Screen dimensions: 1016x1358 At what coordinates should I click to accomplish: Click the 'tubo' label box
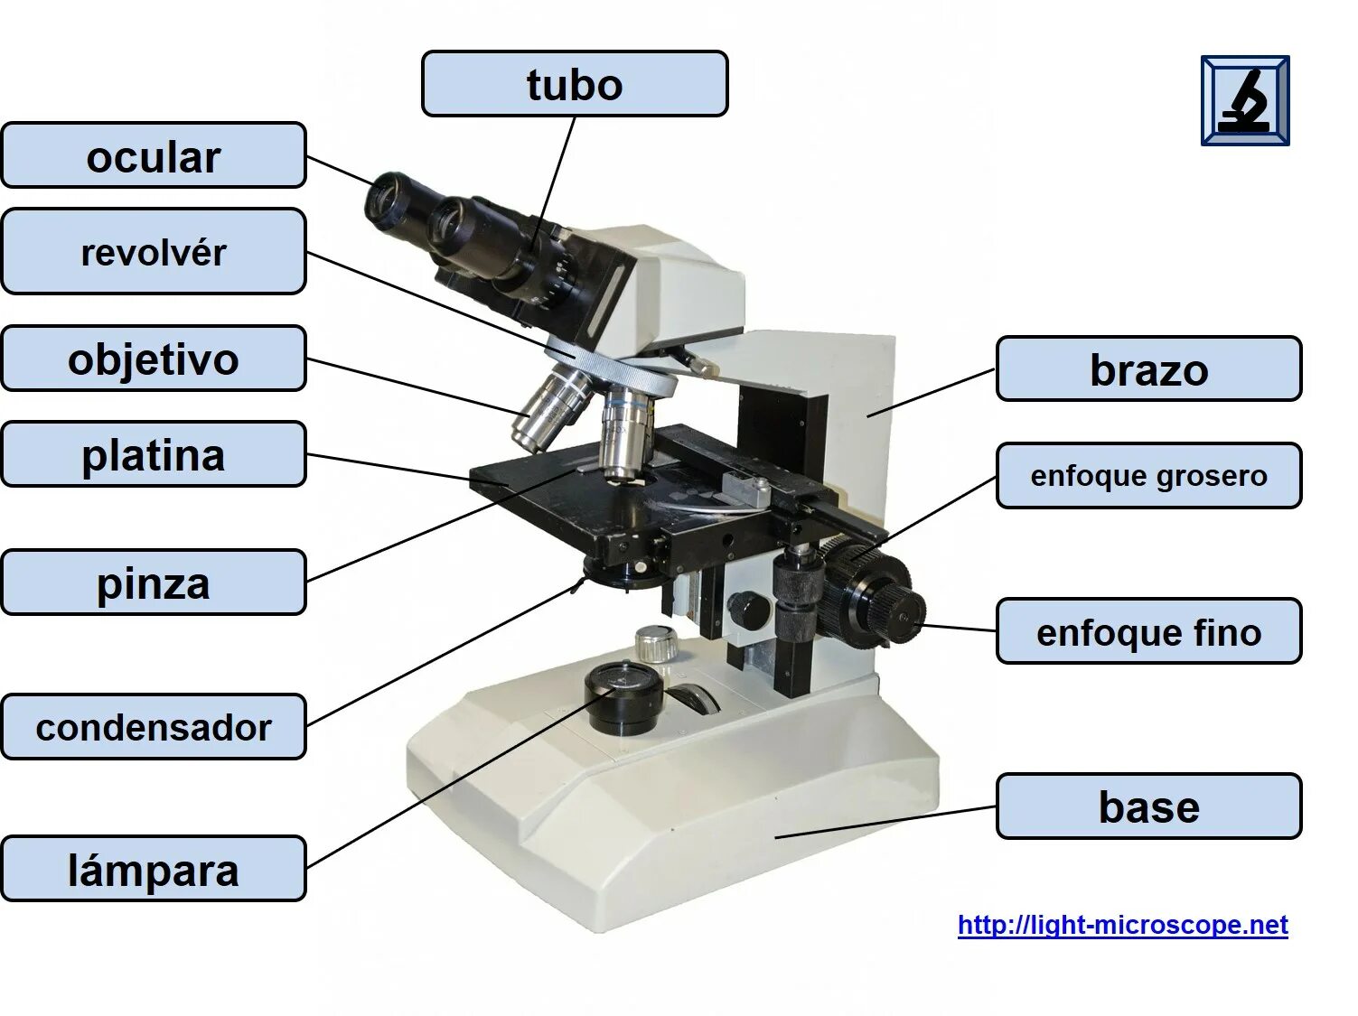(575, 84)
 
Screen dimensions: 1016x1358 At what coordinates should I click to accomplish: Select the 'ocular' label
(154, 156)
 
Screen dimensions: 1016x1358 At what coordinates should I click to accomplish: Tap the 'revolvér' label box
(154, 252)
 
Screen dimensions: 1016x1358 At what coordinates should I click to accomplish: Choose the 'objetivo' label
(154, 359)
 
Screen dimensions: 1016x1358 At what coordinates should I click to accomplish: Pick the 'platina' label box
(154, 454)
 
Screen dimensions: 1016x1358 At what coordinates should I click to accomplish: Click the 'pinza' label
(154, 583)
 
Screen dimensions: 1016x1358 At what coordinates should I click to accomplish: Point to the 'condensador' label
(154, 727)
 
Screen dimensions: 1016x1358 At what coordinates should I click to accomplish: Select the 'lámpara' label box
(154, 869)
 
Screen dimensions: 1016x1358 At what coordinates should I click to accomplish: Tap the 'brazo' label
(1148, 369)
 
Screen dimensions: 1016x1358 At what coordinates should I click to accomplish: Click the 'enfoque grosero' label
(1148, 475)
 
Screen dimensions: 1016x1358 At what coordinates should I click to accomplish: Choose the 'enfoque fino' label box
(1148, 631)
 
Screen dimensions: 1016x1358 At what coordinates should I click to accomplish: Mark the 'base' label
(1148, 806)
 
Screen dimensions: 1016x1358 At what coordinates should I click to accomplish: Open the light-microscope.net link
(1122, 925)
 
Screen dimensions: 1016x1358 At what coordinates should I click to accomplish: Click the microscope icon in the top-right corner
(1244, 100)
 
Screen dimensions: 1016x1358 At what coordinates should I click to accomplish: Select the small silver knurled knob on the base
(656, 643)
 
